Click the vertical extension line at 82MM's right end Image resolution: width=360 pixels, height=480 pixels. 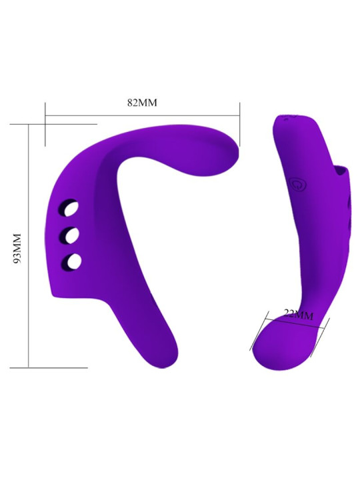click(x=239, y=123)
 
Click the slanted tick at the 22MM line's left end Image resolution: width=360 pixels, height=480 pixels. click(x=259, y=331)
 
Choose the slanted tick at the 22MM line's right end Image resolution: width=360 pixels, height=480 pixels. click(x=325, y=332)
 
